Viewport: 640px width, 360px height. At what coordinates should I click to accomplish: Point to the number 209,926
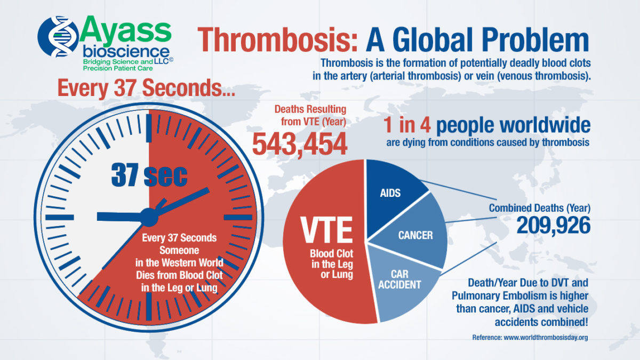[553, 226]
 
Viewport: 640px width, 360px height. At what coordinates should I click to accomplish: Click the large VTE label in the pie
[326, 229]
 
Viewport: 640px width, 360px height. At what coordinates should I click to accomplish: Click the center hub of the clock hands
[149, 217]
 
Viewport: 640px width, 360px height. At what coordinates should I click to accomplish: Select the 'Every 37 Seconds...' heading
[146, 89]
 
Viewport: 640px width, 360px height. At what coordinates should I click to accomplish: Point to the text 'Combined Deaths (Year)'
[540, 207]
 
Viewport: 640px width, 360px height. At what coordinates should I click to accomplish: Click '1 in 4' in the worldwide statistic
[410, 125]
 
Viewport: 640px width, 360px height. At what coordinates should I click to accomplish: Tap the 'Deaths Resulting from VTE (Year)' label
[310, 115]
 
